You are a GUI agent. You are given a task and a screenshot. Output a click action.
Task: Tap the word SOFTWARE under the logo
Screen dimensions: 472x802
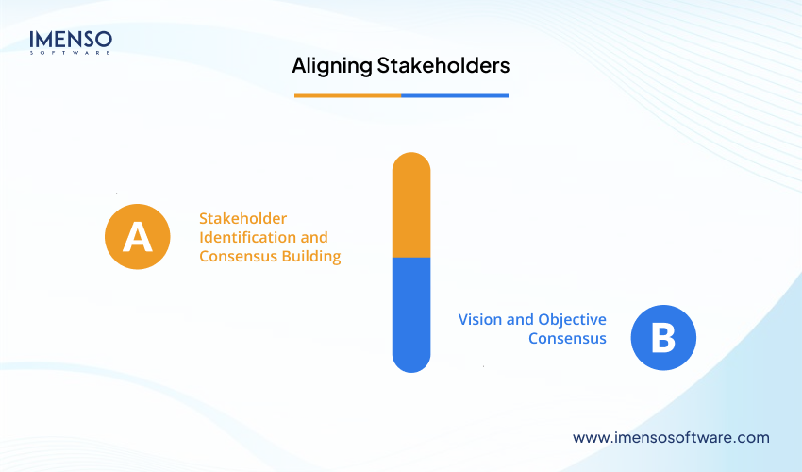(71, 53)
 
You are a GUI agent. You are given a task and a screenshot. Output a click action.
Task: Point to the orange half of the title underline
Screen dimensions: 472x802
(347, 95)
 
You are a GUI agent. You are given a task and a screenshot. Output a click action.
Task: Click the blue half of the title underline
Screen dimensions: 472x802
(455, 95)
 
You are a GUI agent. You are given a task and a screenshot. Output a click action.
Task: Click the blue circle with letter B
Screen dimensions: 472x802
(663, 338)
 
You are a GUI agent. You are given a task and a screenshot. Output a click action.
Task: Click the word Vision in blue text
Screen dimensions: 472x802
(481, 319)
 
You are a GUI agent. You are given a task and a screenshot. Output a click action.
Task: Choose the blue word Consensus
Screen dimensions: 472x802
(567, 338)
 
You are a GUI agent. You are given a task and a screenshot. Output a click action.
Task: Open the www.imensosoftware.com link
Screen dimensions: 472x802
(671, 437)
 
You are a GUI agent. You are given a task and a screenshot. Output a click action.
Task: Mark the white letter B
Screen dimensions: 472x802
(663, 338)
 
